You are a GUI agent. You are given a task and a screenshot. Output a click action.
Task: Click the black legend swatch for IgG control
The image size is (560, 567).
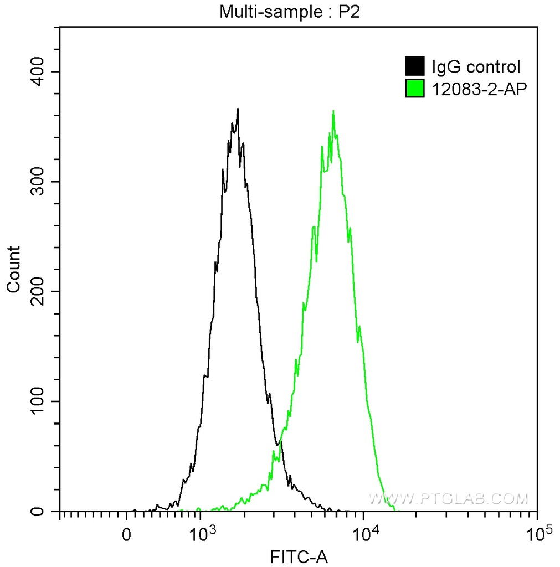point(415,66)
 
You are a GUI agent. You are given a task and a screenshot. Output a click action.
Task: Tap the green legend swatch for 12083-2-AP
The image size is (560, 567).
point(415,88)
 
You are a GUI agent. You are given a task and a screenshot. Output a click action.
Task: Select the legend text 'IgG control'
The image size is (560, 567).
point(476,67)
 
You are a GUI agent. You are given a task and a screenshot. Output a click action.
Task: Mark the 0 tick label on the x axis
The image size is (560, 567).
point(127,535)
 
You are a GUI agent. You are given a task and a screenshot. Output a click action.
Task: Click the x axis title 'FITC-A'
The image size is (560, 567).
point(299,557)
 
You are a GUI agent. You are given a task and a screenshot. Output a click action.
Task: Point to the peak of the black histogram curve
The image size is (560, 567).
point(238,110)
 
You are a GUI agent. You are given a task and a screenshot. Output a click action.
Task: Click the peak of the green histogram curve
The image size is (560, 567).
point(333,111)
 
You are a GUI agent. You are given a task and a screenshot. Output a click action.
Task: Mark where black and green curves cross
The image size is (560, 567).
point(278,443)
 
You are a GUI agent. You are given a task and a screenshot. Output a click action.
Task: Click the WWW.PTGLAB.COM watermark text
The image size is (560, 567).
point(449,499)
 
